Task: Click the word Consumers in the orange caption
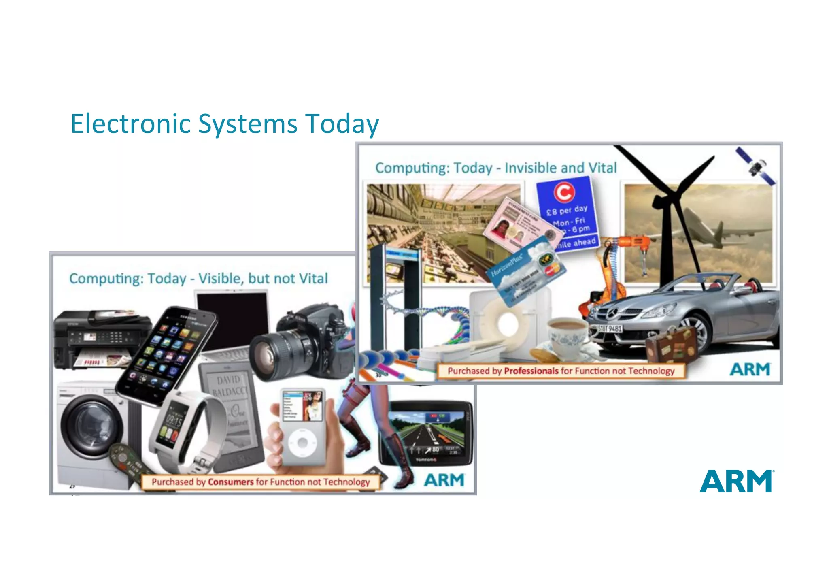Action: point(231,482)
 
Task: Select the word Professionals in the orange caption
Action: point(531,371)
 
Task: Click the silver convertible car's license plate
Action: point(610,328)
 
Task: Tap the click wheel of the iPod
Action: point(302,443)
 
